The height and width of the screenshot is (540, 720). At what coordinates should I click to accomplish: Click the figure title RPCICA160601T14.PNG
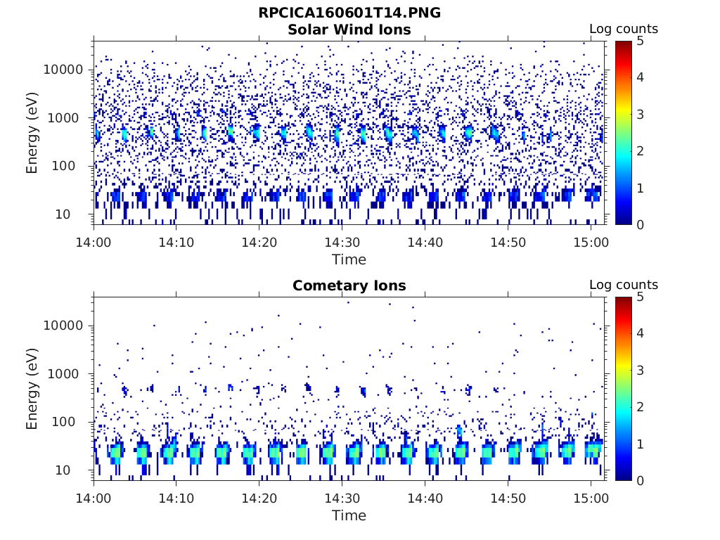(x=349, y=13)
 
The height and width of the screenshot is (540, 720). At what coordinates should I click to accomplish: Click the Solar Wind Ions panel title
(x=349, y=30)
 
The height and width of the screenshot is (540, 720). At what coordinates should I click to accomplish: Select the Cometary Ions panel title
(x=349, y=285)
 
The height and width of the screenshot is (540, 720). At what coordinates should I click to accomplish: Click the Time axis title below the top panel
(x=349, y=259)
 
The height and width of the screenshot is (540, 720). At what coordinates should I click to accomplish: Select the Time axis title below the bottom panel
(x=349, y=515)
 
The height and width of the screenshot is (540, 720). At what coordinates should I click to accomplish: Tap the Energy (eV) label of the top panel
(x=32, y=132)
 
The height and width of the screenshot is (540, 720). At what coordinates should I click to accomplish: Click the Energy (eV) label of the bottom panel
(x=32, y=388)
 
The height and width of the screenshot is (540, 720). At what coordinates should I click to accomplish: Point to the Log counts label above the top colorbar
(x=623, y=29)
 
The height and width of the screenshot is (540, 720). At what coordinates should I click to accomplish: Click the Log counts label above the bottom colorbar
(x=623, y=285)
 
